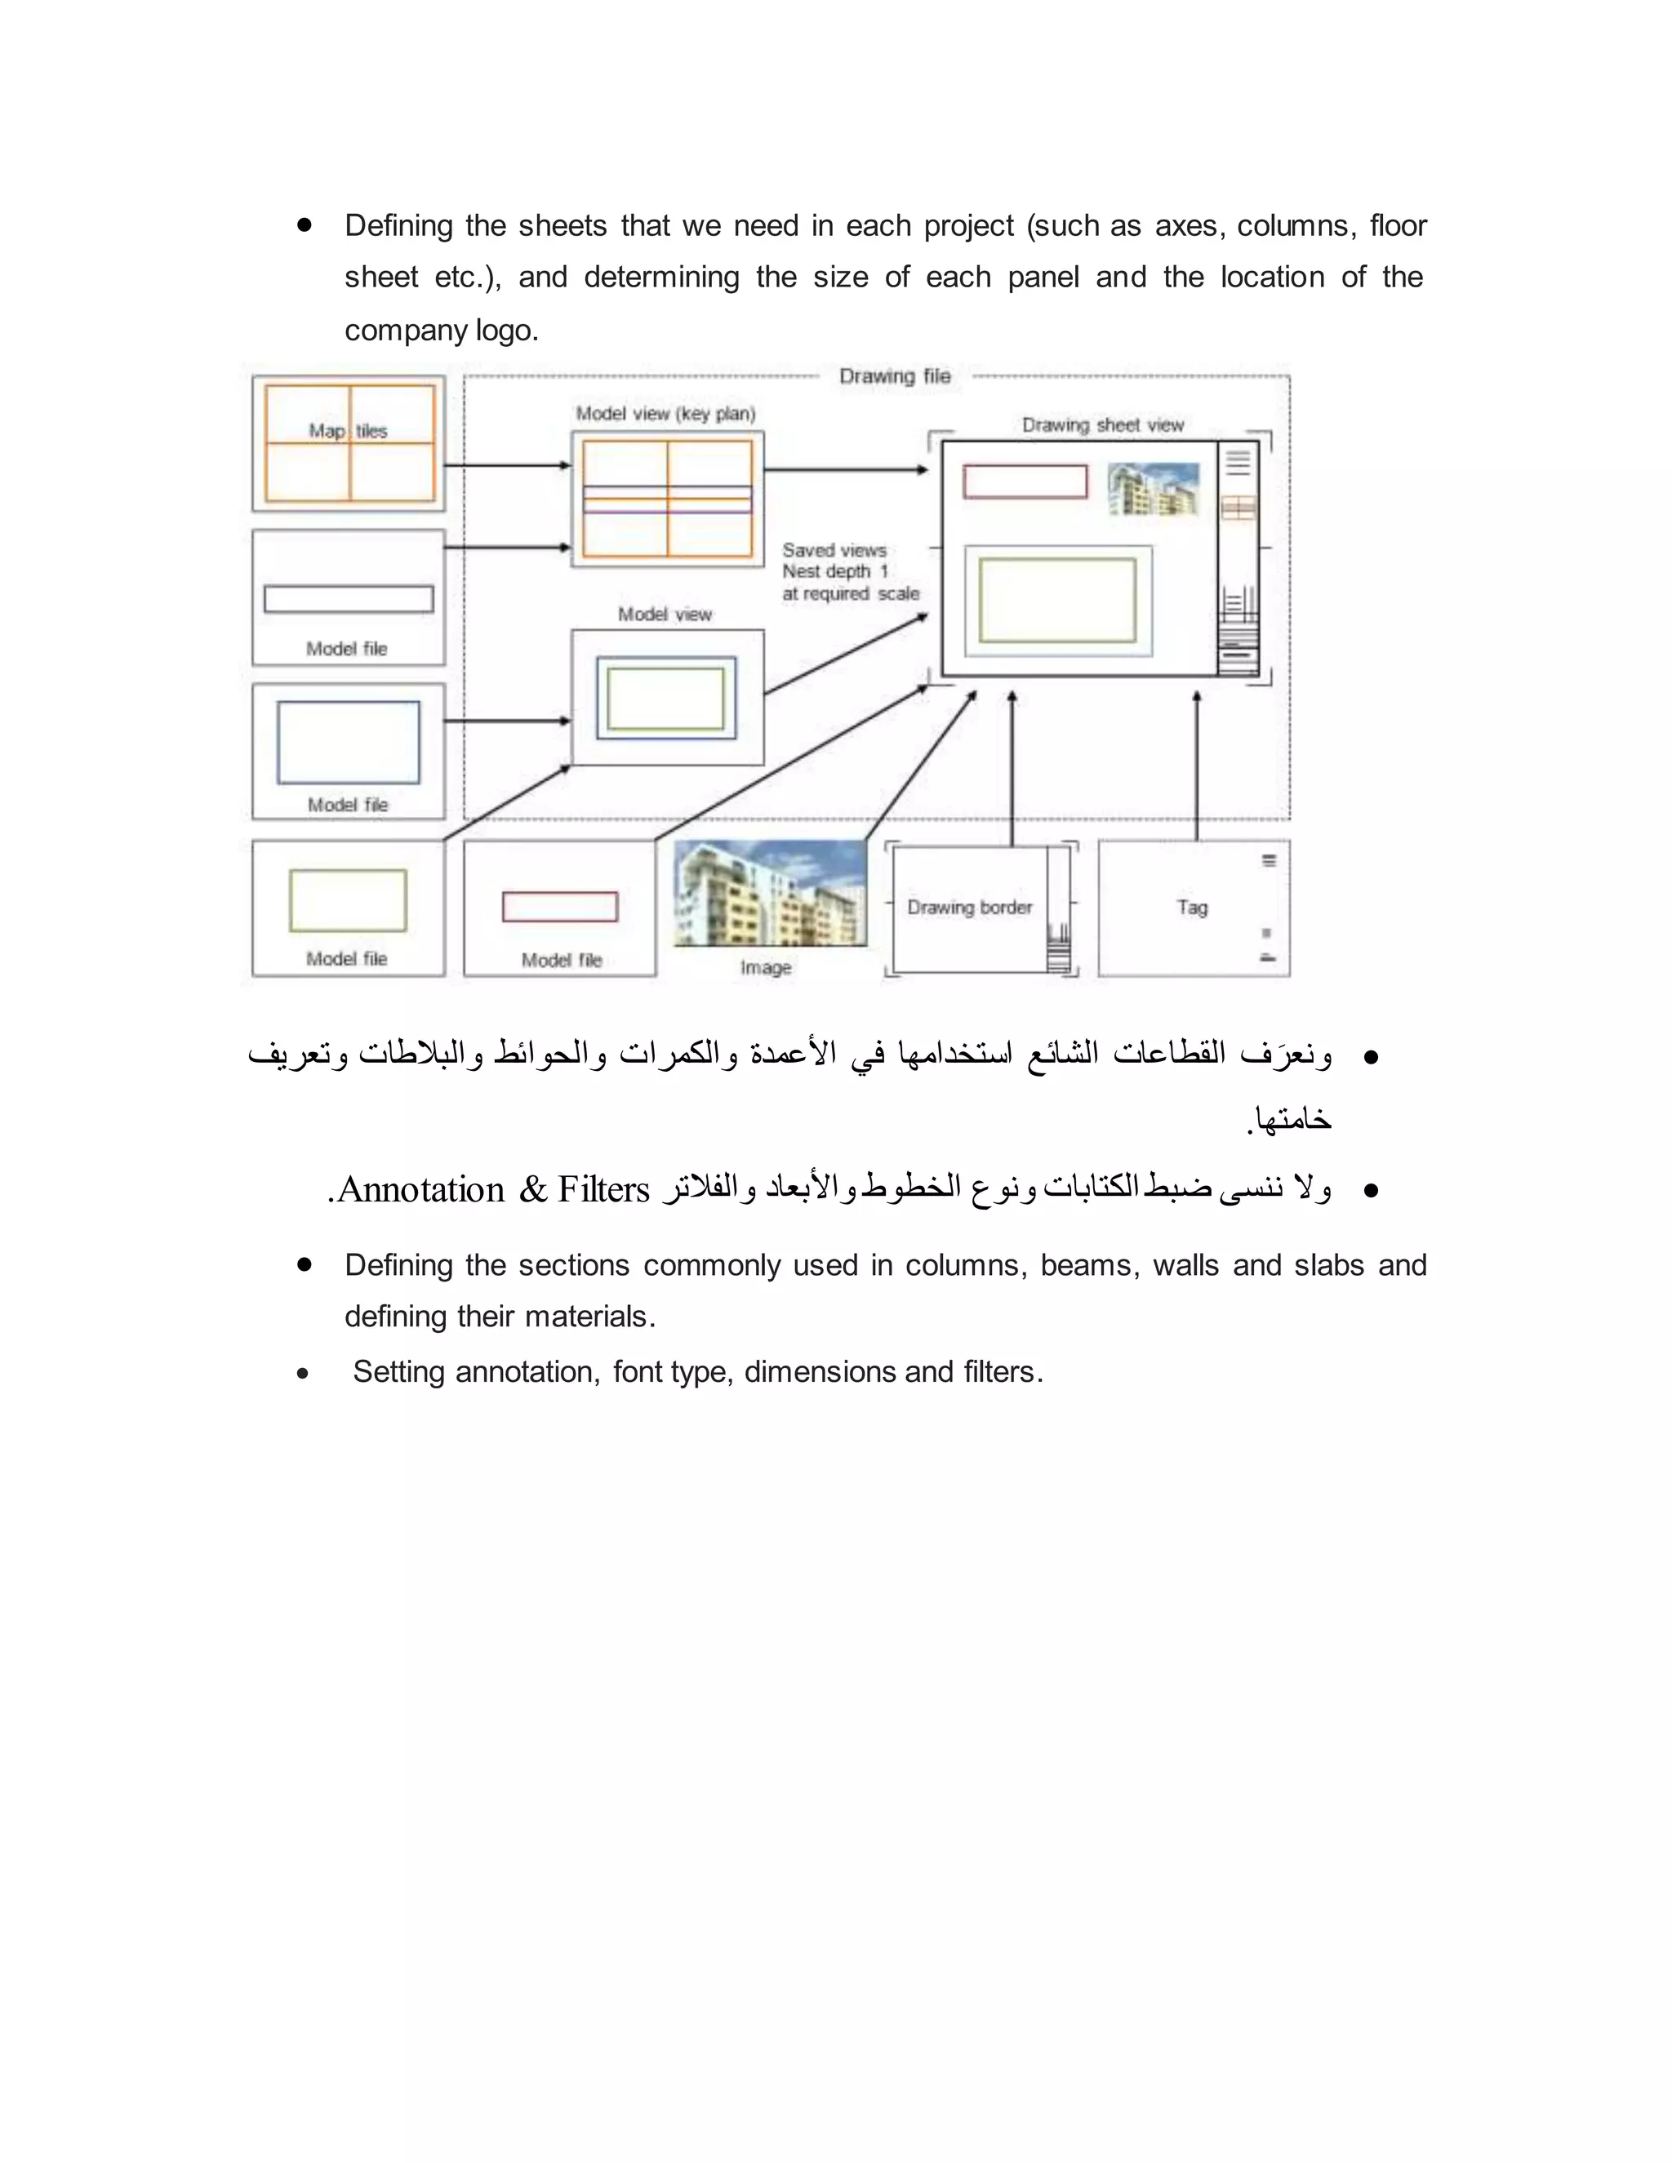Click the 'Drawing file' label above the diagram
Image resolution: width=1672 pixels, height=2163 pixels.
[895, 376]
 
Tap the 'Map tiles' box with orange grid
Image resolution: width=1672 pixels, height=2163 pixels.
[349, 442]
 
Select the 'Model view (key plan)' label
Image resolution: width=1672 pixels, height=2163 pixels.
[665, 414]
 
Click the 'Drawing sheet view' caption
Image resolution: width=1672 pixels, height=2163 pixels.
[1102, 425]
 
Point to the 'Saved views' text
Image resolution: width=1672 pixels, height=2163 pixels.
[834, 549]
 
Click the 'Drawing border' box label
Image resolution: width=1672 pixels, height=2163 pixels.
[969, 907]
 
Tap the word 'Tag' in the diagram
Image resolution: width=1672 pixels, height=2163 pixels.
[1192, 907]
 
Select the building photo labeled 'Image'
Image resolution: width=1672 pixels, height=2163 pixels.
[770, 893]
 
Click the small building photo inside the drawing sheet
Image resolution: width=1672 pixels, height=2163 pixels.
[1153, 489]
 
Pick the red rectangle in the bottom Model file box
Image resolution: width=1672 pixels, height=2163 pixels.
[559, 906]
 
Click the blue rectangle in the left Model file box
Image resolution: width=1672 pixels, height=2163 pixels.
[349, 742]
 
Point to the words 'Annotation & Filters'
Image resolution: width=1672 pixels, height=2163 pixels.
[492, 1189]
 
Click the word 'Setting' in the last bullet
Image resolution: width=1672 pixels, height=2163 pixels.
[398, 1372]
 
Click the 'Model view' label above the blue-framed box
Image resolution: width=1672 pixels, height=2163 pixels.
[665, 614]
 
